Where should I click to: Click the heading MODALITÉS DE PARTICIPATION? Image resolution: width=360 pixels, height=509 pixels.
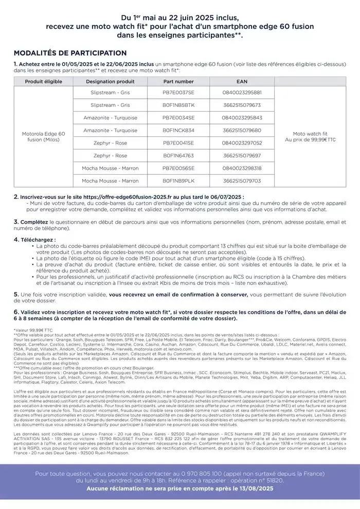(x=70, y=53)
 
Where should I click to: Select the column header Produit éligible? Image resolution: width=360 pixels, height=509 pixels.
(x=44, y=81)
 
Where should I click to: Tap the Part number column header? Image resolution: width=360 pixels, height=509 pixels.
(x=178, y=81)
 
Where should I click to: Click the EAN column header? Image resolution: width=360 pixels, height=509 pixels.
(x=242, y=81)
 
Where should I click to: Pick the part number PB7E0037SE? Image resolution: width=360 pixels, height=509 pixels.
(x=178, y=93)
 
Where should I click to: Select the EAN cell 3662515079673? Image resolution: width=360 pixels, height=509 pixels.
(x=242, y=105)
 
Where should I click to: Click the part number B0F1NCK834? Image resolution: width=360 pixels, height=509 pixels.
(x=178, y=130)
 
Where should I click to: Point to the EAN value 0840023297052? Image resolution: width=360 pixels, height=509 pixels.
(x=242, y=143)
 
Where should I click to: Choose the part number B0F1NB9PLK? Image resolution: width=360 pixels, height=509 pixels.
(x=178, y=181)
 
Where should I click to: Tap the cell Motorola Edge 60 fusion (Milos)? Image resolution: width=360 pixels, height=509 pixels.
(x=44, y=137)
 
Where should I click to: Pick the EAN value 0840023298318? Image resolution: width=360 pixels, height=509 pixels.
(x=242, y=168)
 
